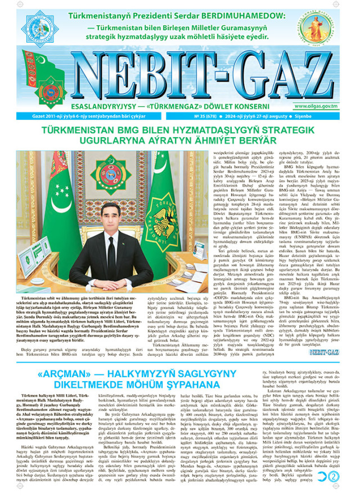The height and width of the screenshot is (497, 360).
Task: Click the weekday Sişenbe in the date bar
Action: point(330,117)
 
